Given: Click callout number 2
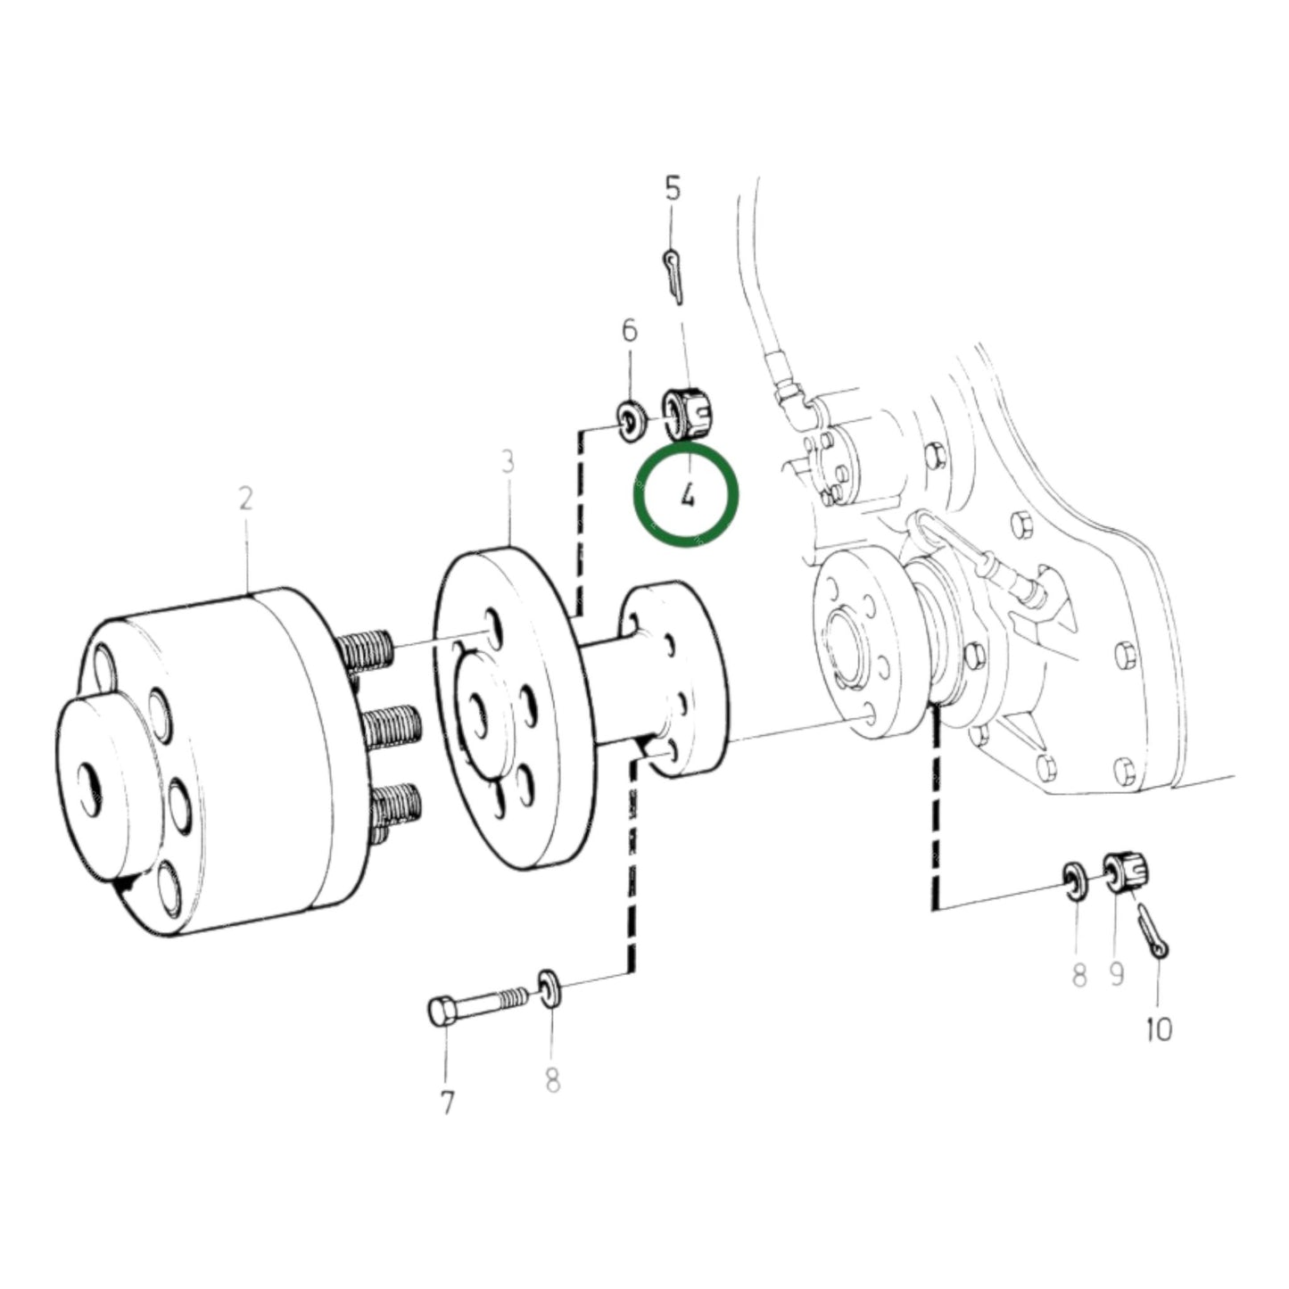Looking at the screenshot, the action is coord(245,499).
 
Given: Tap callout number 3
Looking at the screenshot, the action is coord(508,463).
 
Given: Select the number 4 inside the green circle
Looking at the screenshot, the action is coord(687,496).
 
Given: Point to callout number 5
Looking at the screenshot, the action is coord(673,188).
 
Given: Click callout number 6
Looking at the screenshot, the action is coord(630,330).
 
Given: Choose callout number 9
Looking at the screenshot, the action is coord(1117,975).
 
